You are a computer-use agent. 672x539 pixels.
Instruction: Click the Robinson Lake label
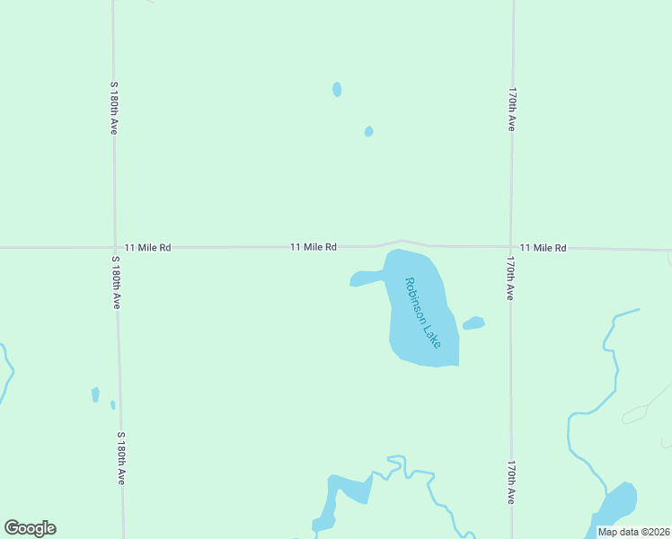click(422, 313)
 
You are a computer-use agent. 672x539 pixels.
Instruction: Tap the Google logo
click(30, 528)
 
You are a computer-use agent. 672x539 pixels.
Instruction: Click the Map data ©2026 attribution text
click(633, 532)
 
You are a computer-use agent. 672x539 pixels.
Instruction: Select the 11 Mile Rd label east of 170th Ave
click(544, 248)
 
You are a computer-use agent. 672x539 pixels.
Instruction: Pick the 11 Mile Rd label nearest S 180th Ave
click(147, 247)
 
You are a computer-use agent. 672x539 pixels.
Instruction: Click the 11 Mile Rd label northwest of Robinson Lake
click(313, 247)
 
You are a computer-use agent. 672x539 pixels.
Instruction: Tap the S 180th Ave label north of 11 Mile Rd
click(114, 108)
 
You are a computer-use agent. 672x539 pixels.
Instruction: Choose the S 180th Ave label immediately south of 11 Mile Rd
click(115, 283)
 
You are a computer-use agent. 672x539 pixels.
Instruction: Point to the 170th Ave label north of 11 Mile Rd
click(510, 110)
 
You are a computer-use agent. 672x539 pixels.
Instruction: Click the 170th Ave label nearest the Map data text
click(510, 482)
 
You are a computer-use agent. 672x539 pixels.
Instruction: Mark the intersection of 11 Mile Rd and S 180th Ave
click(115, 247)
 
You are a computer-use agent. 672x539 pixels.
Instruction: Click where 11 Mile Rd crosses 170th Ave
click(511, 246)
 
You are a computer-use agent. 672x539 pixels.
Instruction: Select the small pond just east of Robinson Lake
click(473, 323)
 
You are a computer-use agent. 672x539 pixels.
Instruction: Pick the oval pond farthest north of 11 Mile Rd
click(337, 89)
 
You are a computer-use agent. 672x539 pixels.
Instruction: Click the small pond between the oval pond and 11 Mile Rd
click(368, 131)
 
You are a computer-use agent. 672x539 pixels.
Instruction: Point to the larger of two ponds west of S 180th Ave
click(95, 394)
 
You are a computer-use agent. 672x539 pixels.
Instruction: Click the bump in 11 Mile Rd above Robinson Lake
click(402, 242)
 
